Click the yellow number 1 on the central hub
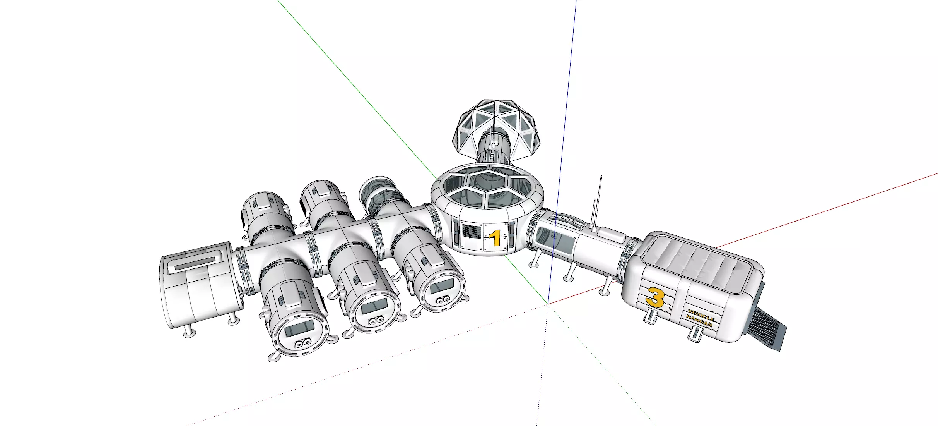tap(495, 238)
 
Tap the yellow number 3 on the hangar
tap(654, 298)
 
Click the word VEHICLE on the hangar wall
tap(701, 315)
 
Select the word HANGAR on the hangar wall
tap(699, 322)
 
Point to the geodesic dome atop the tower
tap(497, 130)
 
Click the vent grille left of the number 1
tap(472, 231)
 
